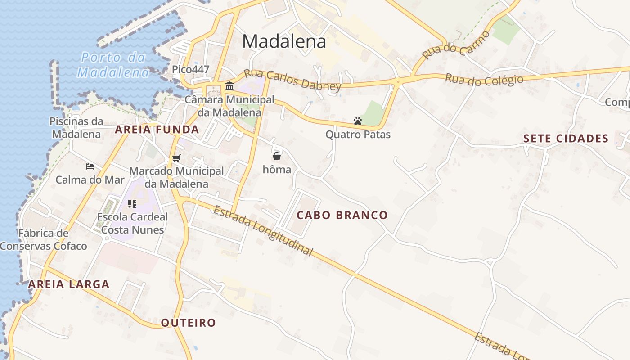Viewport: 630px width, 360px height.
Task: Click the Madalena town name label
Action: pos(284,41)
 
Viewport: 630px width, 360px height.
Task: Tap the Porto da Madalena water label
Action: pos(113,65)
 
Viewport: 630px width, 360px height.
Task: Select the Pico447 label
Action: pos(191,69)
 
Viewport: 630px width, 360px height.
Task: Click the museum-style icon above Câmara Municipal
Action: pos(229,86)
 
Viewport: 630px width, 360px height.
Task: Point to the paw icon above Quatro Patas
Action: pos(358,121)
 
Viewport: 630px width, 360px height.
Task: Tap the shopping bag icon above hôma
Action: pos(277,156)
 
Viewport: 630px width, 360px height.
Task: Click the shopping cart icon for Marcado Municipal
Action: pos(176,158)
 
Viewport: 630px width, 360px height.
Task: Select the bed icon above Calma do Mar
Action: pos(90,166)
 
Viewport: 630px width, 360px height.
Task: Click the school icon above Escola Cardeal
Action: pos(132,204)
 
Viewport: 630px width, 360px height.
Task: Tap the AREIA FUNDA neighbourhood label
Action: pos(157,130)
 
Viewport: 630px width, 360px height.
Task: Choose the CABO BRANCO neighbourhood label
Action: pos(342,215)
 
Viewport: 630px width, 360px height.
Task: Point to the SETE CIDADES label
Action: pos(566,139)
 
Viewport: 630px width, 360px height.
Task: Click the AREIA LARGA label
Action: pos(69,284)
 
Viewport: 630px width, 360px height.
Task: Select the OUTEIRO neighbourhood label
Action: pos(189,323)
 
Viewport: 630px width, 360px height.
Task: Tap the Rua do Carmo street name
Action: pos(456,45)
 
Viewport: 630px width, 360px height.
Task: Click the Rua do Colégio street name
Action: pos(484,80)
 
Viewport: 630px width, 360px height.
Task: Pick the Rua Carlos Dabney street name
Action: pos(292,80)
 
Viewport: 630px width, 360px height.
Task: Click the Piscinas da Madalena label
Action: pos(76,128)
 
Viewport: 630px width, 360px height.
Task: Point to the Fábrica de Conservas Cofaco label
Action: pos(43,240)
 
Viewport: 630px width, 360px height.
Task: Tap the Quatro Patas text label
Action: pos(358,135)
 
